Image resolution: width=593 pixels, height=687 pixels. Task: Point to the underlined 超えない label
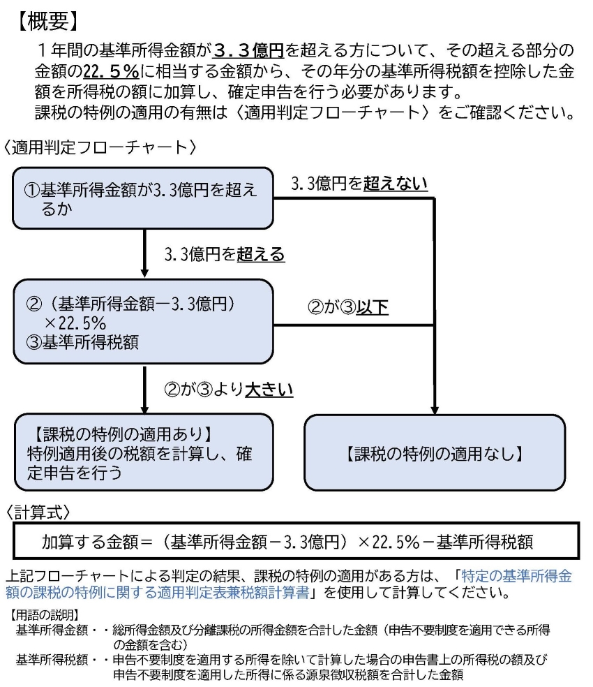pyautogui.click(x=395, y=183)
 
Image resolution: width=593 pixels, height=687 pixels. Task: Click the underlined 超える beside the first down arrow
pyautogui.click(x=260, y=255)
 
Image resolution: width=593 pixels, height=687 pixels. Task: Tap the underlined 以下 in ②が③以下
pyautogui.click(x=372, y=308)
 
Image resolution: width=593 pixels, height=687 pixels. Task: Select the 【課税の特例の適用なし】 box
pyautogui.click(x=435, y=452)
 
